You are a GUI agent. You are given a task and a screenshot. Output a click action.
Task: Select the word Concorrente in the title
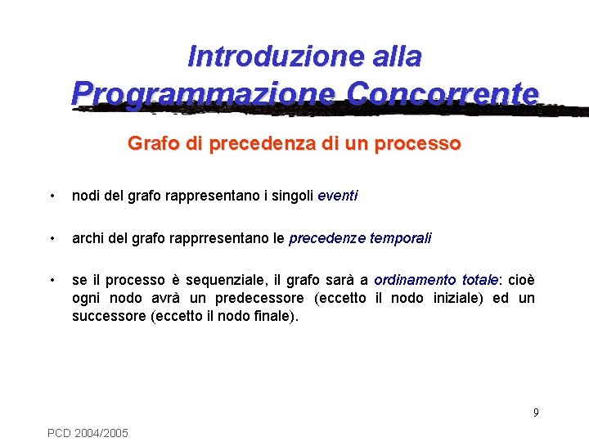point(443,92)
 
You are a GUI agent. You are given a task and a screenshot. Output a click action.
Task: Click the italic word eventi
point(337,196)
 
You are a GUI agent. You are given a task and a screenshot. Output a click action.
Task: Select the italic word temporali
point(401,239)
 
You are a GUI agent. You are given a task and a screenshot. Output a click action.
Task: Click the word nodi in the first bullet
point(85,196)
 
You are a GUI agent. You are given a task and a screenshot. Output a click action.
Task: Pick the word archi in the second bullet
point(88,239)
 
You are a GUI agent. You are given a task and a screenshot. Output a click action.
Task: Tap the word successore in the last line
point(109,315)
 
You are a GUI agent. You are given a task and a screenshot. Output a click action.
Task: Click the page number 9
point(536,413)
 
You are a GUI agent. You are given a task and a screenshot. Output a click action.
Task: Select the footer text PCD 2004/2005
point(88,432)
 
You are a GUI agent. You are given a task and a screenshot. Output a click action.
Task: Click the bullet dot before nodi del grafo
point(52,196)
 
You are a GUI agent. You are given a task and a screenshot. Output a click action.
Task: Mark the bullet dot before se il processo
point(52,281)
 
